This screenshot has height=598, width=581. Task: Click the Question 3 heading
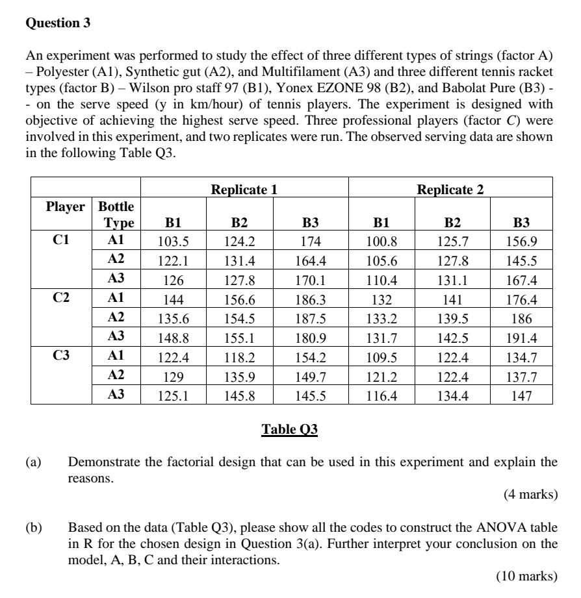pyautogui.click(x=58, y=23)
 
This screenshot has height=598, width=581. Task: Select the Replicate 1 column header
pyautogui.click(x=244, y=190)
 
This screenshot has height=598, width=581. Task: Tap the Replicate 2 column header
pyautogui.click(x=450, y=190)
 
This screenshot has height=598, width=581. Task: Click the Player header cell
pyautogui.click(x=65, y=207)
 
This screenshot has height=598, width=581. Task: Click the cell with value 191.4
pyautogui.click(x=521, y=338)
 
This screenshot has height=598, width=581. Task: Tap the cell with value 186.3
pyautogui.click(x=311, y=299)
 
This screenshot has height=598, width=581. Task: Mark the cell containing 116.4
pyautogui.click(x=381, y=395)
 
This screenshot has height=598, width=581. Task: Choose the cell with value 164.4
pyautogui.click(x=311, y=261)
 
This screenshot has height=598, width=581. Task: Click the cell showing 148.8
pyautogui.click(x=173, y=338)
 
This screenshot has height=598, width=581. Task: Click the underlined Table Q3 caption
pyautogui.click(x=289, y=430)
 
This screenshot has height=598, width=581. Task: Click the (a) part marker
pyautogui.click(x=32, y=462)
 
